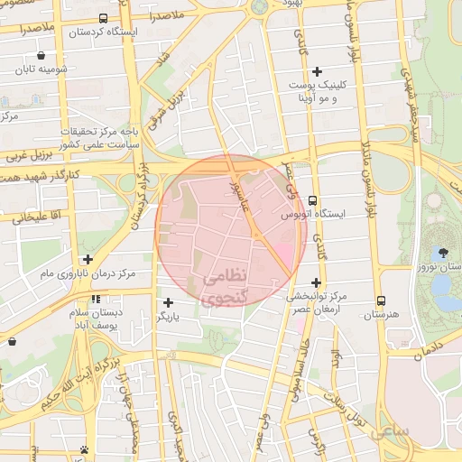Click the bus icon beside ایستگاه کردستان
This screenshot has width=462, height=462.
coord(103,18)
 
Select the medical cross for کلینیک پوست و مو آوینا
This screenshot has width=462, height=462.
coord(316,71)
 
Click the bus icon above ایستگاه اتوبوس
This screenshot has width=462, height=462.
coord(312,200)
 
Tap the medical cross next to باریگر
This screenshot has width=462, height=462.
coord(168,302)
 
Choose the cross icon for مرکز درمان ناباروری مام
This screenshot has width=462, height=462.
coord(88,259)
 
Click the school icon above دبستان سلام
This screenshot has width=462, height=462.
coord(95,299)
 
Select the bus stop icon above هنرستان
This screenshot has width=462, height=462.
coord(381,300)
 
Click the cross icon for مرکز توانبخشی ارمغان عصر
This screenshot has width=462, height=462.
coord(316,282)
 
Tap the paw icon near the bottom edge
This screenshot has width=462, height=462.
coord(84,448)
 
